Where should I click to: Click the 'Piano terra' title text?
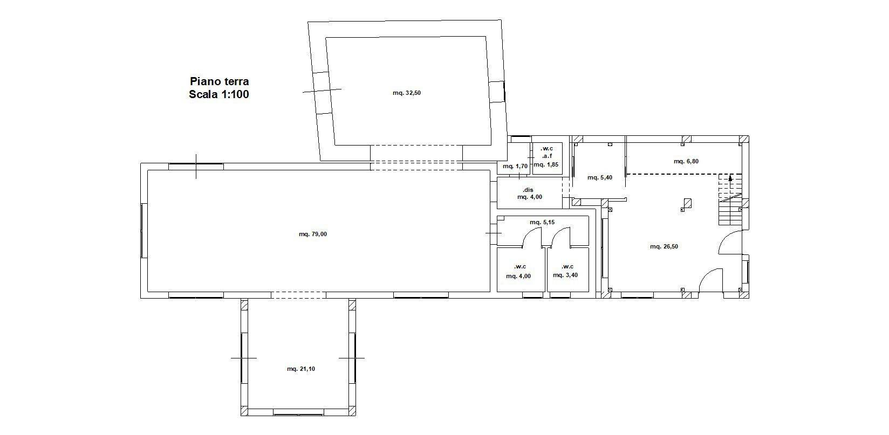220,81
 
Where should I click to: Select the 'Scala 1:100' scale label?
219,94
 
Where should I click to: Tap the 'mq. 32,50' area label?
407,93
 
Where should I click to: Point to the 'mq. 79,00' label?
313,234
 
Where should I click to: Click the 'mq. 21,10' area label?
301,369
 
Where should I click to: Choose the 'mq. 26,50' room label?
664,247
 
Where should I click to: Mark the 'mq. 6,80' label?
686,161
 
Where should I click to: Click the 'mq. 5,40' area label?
600,178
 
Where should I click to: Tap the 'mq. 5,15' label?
542,223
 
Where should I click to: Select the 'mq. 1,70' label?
515,167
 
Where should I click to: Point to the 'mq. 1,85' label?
546,164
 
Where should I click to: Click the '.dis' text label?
528,190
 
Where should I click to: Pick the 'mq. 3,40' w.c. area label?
565,275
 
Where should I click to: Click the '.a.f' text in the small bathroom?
547,156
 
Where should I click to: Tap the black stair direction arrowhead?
730,178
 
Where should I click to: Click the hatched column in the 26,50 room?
688,203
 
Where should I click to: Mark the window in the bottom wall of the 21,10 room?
298,415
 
